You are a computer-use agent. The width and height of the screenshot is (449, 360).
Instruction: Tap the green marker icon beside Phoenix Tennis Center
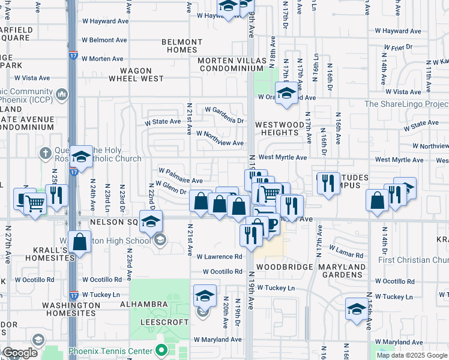tap(160, 350)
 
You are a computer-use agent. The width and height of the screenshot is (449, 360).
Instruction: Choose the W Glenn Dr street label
tap(170, 187)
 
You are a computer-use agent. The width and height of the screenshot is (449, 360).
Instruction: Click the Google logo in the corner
tap(19, 353)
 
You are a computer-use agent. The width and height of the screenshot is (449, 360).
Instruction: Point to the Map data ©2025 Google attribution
tap(412, 355)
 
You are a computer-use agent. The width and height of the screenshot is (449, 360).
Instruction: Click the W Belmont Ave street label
tap(104, 40)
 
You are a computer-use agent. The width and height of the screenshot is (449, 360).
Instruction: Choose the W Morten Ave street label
tap(103, 59)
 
